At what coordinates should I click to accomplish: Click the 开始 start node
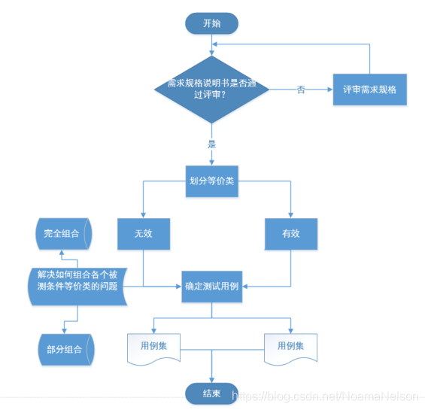[x=211, y=23]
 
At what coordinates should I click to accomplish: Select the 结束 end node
[x=211, y=393]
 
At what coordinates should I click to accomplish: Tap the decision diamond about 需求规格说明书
[x=211, y=90]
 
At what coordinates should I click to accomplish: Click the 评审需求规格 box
[x=369, y=90]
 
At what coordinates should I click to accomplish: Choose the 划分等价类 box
[x=211, y=181]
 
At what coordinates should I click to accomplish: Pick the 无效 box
[x=143, y=233]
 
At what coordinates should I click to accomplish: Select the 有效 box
[x=291, y=233]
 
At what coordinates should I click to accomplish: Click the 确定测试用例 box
[x=211, y=287]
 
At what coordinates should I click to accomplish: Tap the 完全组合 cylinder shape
[x=62, y=234]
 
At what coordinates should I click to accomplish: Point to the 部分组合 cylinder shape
[x=64, y=349]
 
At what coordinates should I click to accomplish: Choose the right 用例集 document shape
[x=290, y=347]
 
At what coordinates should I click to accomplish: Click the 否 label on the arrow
[x=301, y=90]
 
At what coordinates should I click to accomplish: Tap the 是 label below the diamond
[x=211, y=142]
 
